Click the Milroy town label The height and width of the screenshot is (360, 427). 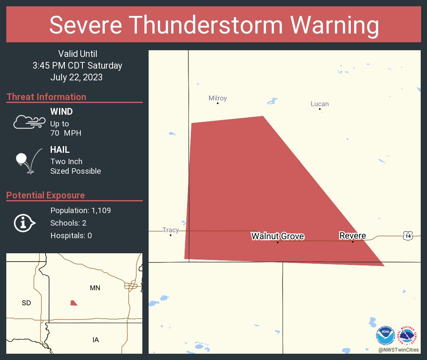click(218, 98)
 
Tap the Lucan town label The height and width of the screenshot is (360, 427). click(319, 104)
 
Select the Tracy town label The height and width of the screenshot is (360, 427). click(170, 230)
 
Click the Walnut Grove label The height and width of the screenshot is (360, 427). click(278, 236)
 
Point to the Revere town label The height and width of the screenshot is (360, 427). click(352, 236)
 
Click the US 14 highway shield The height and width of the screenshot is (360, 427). click(408, 236)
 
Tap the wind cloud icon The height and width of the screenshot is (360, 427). click(29, 122)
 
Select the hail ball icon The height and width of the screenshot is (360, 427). click(21, 159)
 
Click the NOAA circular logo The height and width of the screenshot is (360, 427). click(386, 336)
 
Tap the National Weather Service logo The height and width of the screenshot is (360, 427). click(409, 336)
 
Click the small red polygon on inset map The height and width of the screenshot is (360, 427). click(74, 303)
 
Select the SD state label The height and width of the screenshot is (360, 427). click(26, 303)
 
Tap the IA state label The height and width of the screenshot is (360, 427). click(95, 339)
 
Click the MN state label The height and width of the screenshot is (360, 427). click(95, 288)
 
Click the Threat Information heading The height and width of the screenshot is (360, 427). click(46, 97)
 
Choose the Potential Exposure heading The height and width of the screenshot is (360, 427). click(46, 195)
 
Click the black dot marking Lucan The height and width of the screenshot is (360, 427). click(320, 109)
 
